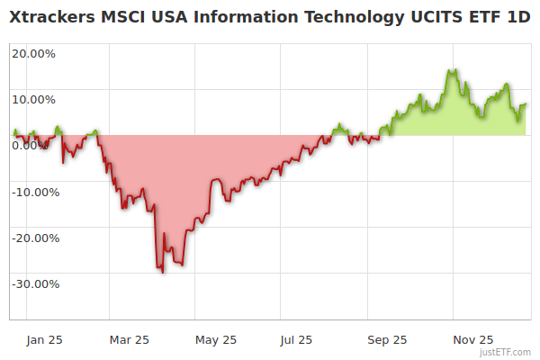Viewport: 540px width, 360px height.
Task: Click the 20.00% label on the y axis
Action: click(33, 53)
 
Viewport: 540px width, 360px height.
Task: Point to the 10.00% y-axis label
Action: click(33, 100)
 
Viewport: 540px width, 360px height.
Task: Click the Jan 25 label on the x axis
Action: click(44, 339)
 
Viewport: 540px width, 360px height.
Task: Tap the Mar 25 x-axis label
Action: click(129, 339)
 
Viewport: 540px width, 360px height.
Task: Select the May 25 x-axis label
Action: click(215, 339)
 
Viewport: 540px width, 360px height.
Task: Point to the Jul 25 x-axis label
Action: click(297, 339)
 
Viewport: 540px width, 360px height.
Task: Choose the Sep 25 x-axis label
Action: click(387, 339)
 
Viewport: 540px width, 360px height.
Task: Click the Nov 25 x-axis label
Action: click(472, 339)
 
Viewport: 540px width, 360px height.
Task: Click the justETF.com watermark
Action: click(505, 352)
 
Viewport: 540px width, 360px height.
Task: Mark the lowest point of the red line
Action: click(162, 272)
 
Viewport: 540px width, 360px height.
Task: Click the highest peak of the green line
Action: click(451, 70)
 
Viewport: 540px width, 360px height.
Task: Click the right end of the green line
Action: click(526, 104)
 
